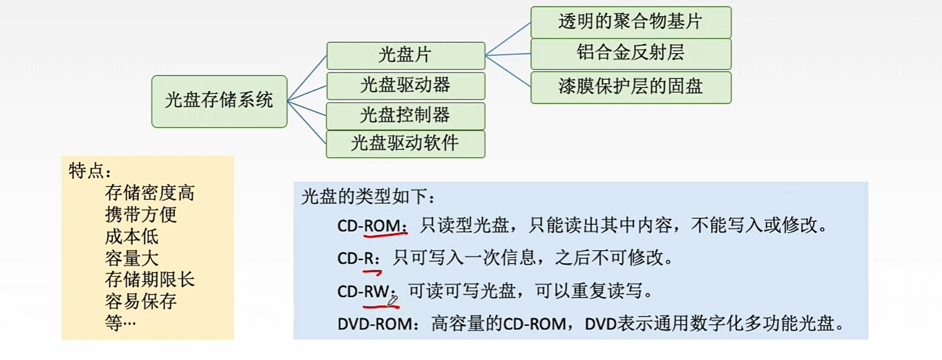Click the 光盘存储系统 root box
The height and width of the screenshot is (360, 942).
(x=219, y=101)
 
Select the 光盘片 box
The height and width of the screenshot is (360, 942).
(x=405, y=55)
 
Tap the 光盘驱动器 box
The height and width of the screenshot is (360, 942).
(x=405, y=86)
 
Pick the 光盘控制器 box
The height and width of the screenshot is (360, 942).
(x=405, y=115)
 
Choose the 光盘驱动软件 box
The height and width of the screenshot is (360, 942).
(x=405, y=144)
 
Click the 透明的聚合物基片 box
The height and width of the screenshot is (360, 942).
(x=630, y=22)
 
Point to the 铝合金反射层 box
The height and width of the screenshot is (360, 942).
(x=630, y=54)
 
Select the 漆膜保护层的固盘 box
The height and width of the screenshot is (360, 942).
(x=630, y=87)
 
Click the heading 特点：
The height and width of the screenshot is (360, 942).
(x=90, y=171)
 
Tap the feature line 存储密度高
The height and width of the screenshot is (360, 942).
(x=149, y=193)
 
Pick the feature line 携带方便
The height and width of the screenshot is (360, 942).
(x=140, y=214)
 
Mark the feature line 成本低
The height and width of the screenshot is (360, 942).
(x=132, y=236)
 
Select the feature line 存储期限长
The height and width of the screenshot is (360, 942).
(x=149, y=280)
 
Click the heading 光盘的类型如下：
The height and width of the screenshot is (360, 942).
(x=368, y=197)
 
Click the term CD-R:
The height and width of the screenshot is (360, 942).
(x=358, y=258)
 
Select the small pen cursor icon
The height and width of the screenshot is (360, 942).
(x=393, y=300)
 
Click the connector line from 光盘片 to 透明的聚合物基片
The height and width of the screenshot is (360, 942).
(x=508, y=39)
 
